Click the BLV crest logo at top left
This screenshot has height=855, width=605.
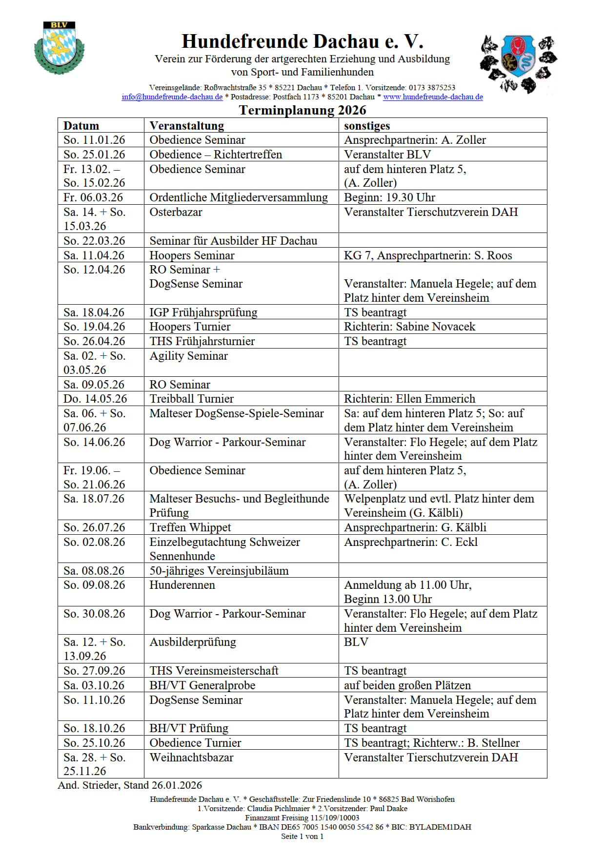pos(59,48)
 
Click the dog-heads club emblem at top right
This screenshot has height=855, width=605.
pos(518,63)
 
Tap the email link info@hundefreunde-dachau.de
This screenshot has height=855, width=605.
pos(172,97)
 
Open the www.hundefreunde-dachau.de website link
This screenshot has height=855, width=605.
pos(433,97)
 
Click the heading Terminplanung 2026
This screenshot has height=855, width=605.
pos(302,110)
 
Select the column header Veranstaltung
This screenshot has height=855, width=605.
pos(186,126)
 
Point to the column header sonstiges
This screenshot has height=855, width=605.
pos(366,126)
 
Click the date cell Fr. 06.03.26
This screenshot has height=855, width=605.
pos(93,197)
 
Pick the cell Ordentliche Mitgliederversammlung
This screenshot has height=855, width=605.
pos(239,197)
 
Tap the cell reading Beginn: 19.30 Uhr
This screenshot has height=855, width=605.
pos(389,197)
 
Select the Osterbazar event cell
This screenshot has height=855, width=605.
pos(176,212)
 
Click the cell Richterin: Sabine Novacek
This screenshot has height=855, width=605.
pos(409,327)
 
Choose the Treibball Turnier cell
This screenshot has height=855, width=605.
pos(191,399)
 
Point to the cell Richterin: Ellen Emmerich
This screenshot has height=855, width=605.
pos(409,399)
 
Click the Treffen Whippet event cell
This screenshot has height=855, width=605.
pos(190,527)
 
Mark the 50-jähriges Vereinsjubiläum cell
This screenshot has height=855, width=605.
pos(219,571)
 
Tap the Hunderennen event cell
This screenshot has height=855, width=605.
pos(182,585)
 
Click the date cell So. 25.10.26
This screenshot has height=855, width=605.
pos(94,743)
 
